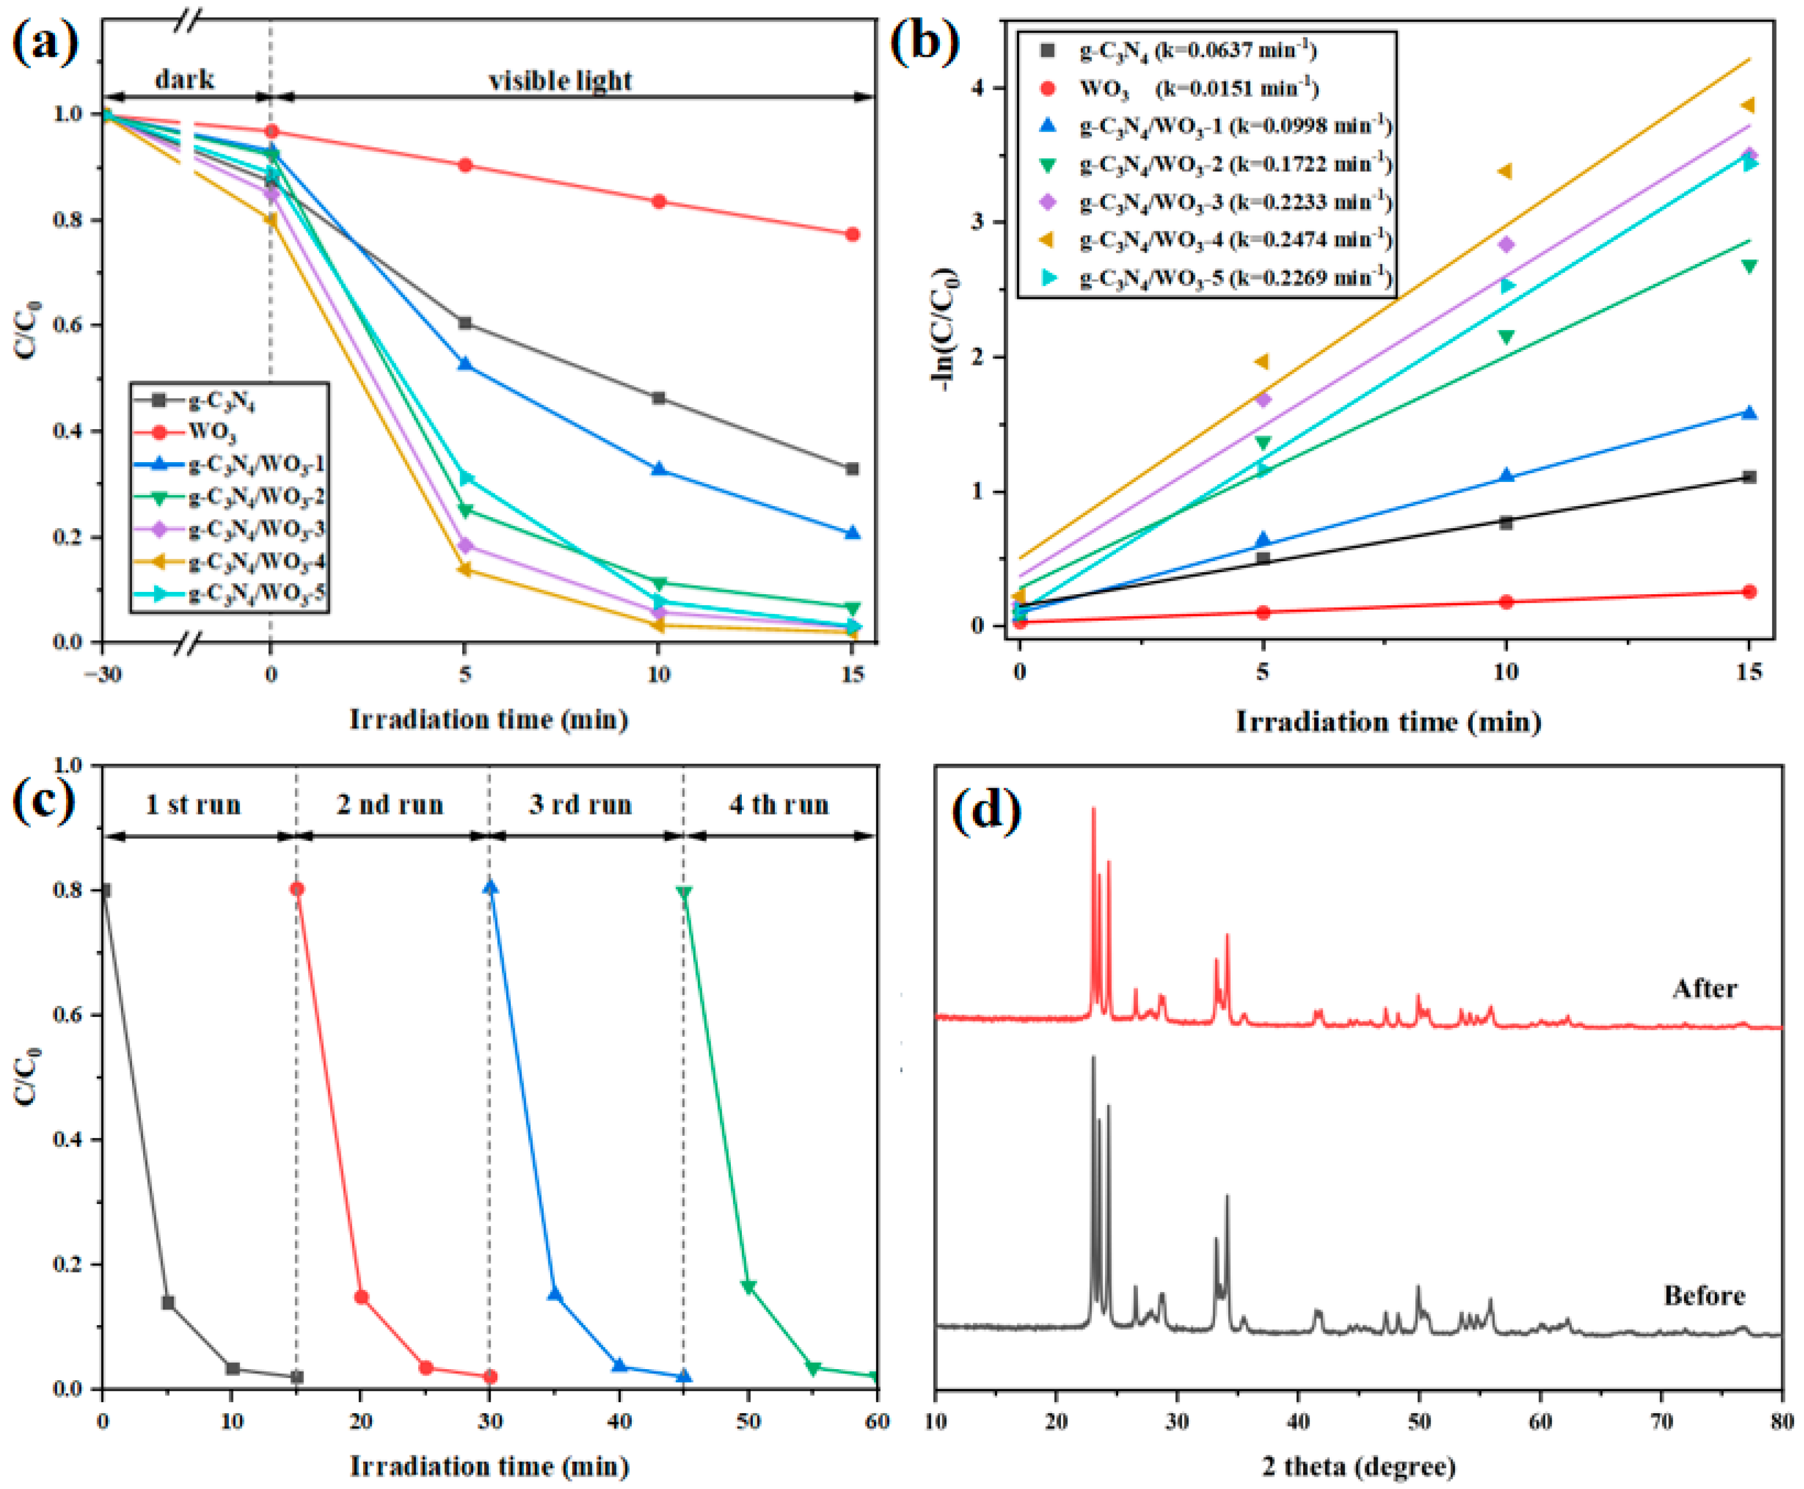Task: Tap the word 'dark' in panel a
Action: point(184,80)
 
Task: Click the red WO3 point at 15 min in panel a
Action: point(852,234)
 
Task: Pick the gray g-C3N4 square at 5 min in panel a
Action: point(465,323)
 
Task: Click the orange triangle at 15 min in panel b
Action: point(1747,105)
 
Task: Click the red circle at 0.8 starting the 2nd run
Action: point(297,890)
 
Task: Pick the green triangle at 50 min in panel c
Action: point(748,1286)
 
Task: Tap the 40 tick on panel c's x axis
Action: point(619,1421)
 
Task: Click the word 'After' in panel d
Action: point(1704,989)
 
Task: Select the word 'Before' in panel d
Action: point(1704,1295)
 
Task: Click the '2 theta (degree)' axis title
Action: point(1358,1466)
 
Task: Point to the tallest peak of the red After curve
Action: point(1093,809)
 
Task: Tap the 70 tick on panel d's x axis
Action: point(1661,1421)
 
